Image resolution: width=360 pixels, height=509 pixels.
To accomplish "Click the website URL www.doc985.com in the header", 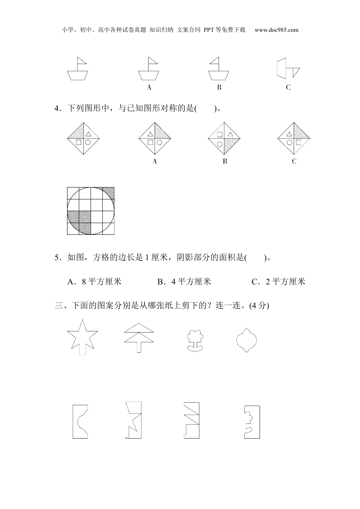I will click(276, 30).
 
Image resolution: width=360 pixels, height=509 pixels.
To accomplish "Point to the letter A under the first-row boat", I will click(149, 87).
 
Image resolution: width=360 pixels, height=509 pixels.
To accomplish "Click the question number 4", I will click(57, 109).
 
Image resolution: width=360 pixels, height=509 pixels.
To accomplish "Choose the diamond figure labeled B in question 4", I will click(225, 138).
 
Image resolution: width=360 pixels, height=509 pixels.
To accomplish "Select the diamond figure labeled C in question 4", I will click(294, 138).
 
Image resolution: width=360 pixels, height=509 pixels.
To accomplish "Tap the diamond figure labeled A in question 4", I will click(155, 138).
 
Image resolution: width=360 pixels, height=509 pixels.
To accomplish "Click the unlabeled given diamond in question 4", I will click(83, 138).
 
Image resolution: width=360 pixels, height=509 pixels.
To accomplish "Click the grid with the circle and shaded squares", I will click(91, 211).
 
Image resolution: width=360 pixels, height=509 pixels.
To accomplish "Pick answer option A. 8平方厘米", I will click(94, 281).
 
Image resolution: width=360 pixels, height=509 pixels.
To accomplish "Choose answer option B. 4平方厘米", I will click(184, 281).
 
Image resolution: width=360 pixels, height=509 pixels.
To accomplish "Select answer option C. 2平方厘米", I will click(279, 281).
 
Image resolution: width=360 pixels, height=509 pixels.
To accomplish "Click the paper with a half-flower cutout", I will click(252, 422).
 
